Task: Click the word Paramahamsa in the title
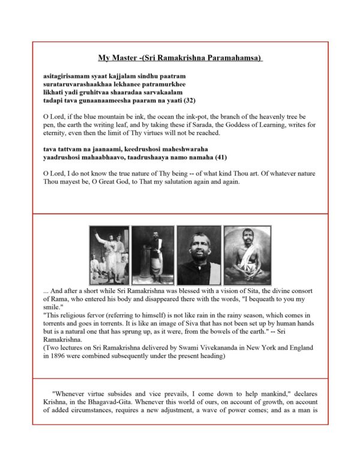pyautogui.click(x=230, y=58)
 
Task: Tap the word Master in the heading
pyautogui.click(x=123, y=58)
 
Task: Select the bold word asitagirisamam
pyautogui.click(x=67, y=77)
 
